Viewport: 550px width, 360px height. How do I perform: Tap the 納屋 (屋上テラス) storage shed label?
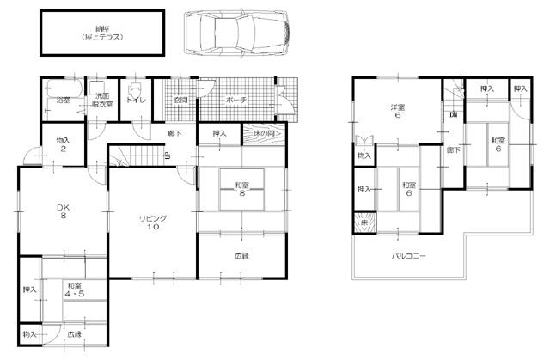[102, 34]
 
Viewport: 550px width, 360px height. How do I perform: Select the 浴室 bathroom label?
[64, 101]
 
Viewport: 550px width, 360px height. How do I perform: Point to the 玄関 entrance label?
[180, 101]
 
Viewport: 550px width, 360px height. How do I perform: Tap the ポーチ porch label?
[236, 101]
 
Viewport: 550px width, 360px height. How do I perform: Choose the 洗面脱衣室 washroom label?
[102, 101]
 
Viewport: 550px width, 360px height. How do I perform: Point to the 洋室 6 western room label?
[398, 112]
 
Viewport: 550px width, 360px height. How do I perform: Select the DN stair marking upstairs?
[452, 114]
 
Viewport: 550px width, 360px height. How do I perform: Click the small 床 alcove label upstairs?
[364, 223]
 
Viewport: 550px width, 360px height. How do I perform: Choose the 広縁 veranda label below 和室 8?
[244, 256]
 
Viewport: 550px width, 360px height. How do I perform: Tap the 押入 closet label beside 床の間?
[218, 134]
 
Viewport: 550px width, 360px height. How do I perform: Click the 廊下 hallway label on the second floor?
[451, 151]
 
